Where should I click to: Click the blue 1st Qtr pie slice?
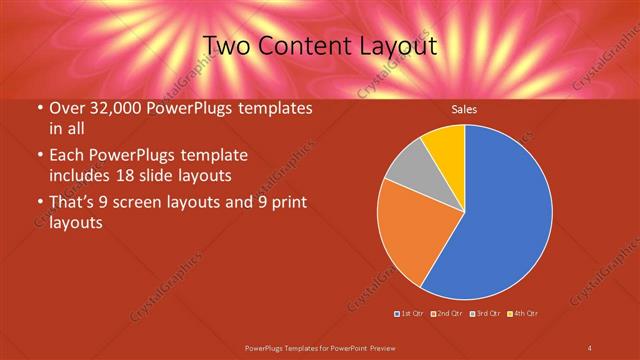pos(500,215)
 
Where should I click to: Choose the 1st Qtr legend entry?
pos(411,314)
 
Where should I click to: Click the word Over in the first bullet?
pos(68,109)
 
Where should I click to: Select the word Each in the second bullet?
pos(68,156)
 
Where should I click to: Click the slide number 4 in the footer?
pos(590,347)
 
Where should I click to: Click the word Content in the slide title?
pos(307,46)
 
